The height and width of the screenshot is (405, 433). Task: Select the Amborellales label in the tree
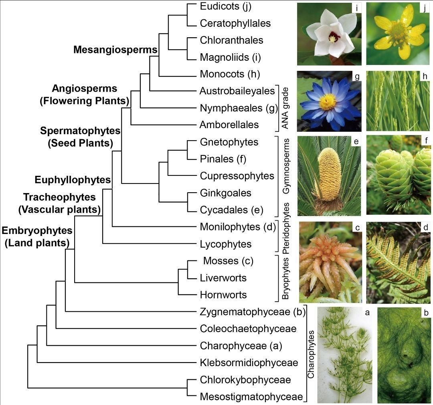[x=229, y=125]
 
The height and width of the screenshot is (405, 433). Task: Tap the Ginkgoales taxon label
[x=225, y=193]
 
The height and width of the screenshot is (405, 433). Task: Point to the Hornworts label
[x=223, y=295]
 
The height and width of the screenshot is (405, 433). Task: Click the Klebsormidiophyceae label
[x=249, y=363]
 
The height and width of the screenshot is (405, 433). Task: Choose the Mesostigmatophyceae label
[x=251, y=397]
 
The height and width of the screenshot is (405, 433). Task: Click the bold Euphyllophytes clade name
[x=73, y=180]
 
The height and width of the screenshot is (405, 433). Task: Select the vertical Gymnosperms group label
[x=286, y=171]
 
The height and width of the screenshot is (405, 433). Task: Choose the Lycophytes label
[x=225, y=244]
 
